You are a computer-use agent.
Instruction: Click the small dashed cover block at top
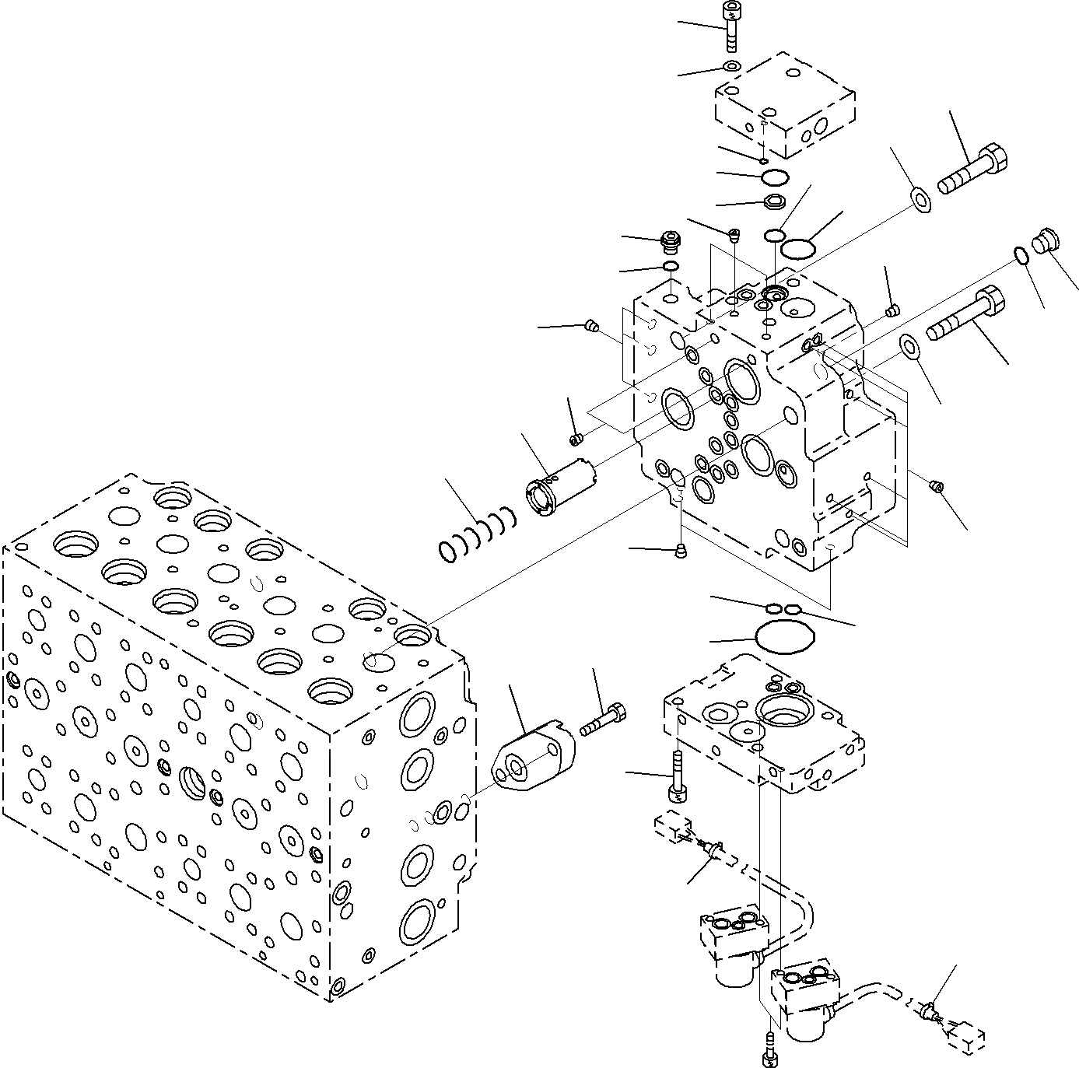point(784,106)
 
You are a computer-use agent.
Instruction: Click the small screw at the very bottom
point(769,1051)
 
